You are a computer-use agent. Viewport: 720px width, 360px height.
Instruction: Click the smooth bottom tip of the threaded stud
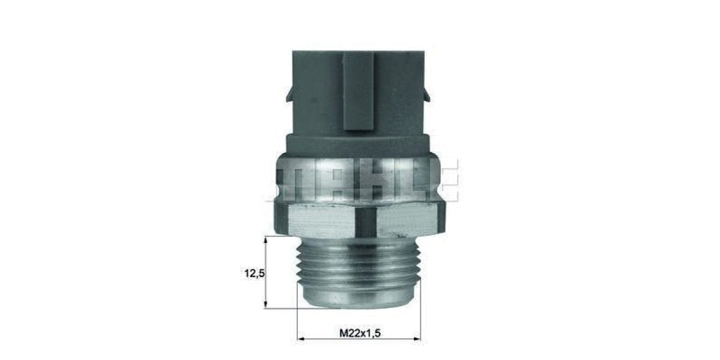pos(358,297)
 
